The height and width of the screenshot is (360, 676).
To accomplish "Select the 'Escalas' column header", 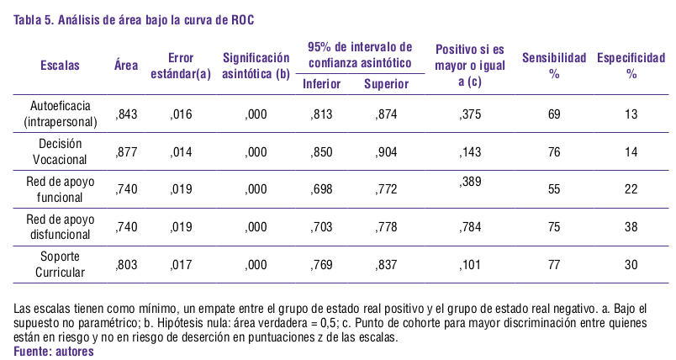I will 61,66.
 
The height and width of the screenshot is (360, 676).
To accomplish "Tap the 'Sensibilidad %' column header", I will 554,66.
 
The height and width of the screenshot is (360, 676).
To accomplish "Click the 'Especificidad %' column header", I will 631,66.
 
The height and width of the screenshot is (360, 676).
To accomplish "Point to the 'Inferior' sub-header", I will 321,84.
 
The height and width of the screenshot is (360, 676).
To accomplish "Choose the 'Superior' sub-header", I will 386,84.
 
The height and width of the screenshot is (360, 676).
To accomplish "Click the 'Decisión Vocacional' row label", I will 60,151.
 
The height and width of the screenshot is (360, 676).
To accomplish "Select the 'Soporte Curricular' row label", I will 60,265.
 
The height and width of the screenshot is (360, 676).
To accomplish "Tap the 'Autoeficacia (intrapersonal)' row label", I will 61,114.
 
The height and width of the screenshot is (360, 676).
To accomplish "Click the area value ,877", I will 126,152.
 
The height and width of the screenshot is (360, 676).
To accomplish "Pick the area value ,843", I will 126,114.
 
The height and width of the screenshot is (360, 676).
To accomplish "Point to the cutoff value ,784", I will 471,228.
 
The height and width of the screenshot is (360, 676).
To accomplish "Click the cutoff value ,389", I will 471,182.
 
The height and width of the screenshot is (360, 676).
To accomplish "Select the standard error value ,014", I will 181,152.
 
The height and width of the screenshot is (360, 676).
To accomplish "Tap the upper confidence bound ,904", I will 386,152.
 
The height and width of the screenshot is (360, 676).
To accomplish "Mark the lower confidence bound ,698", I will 321,190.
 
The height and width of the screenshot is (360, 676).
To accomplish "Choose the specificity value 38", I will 631,228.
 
